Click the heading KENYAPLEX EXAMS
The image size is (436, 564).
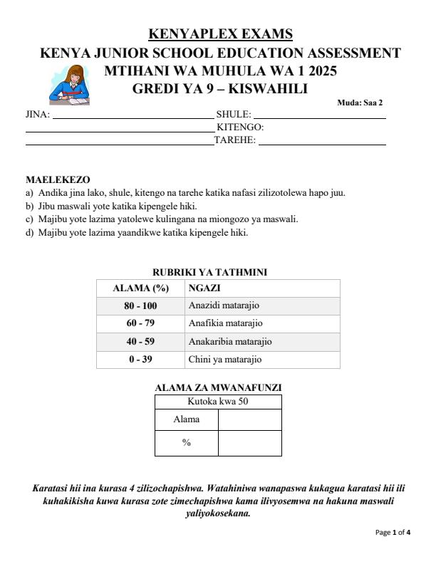(220, 34)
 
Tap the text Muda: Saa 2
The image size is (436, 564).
(360, 103)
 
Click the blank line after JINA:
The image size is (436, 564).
(133, 114)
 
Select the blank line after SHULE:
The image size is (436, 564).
(319, 114)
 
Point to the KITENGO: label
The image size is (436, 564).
(240, 127)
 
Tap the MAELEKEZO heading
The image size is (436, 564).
(58, 179)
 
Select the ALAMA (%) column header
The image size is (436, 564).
(140, 288)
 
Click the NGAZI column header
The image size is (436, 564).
(204, 288)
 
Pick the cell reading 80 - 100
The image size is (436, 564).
(141, 306)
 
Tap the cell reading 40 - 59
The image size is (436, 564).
(141, 342)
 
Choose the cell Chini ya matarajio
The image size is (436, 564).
(225, 360)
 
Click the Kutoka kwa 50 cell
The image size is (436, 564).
(218, 402)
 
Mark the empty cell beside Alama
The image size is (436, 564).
(249, 419)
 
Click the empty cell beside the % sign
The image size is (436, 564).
(249, 443)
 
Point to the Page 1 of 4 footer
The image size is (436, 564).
(393, 532)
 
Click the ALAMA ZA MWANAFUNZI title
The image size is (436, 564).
(218, 387)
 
